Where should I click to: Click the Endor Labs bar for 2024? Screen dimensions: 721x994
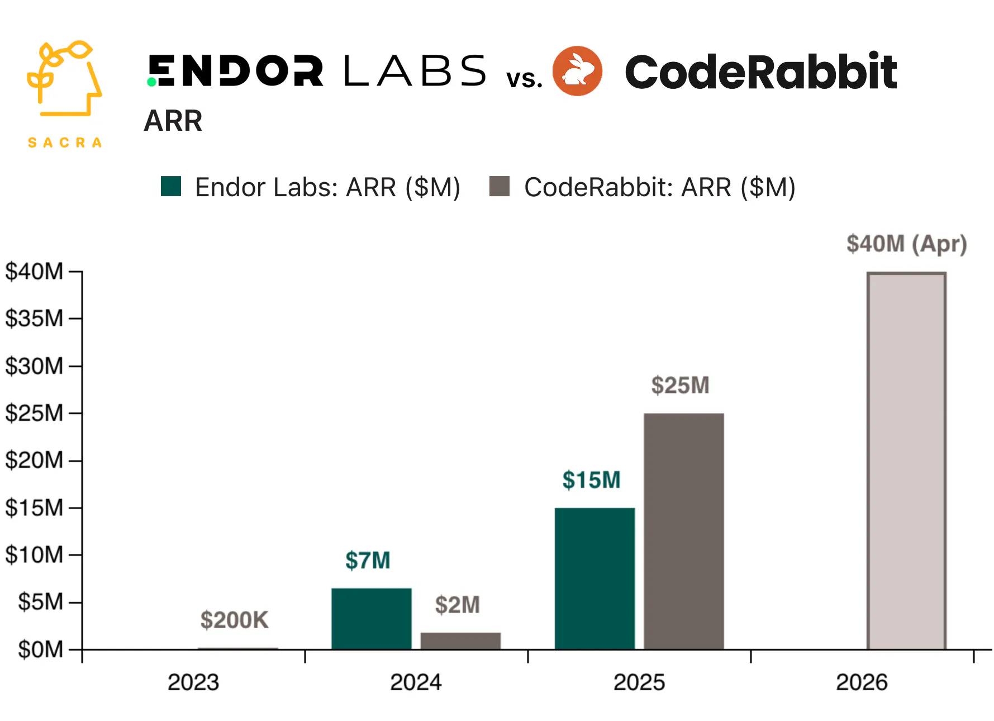pos(371,618)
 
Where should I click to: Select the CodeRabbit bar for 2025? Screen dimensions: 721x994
pos(683,531)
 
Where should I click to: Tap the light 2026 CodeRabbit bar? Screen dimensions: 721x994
pos(906,461)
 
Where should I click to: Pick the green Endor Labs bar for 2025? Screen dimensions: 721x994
pos(595,578)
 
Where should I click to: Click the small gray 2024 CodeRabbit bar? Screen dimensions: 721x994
pos(460,641)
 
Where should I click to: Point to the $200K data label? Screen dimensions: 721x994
pos(234,620)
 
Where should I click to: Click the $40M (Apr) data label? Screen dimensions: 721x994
pos(906,244)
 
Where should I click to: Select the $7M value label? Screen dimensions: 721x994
pos(368,560)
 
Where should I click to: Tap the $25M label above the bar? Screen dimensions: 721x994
pos(680,385)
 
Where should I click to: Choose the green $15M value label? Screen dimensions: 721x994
pos(591,480)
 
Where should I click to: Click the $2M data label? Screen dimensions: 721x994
pos(457,605)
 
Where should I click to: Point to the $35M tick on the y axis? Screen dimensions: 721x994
pos(34,319)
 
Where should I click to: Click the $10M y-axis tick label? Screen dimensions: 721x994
pos(34,555)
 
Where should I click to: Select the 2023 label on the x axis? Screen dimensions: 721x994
pos(193,682)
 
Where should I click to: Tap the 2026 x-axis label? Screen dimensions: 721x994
pos(862,682)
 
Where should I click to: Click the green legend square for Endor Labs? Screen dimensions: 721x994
pos(171,186)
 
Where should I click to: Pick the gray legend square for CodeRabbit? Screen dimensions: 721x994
pos(500,186)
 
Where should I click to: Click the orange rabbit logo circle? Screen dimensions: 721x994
pos(577,71)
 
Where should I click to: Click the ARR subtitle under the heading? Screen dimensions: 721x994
pos(173,121)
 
